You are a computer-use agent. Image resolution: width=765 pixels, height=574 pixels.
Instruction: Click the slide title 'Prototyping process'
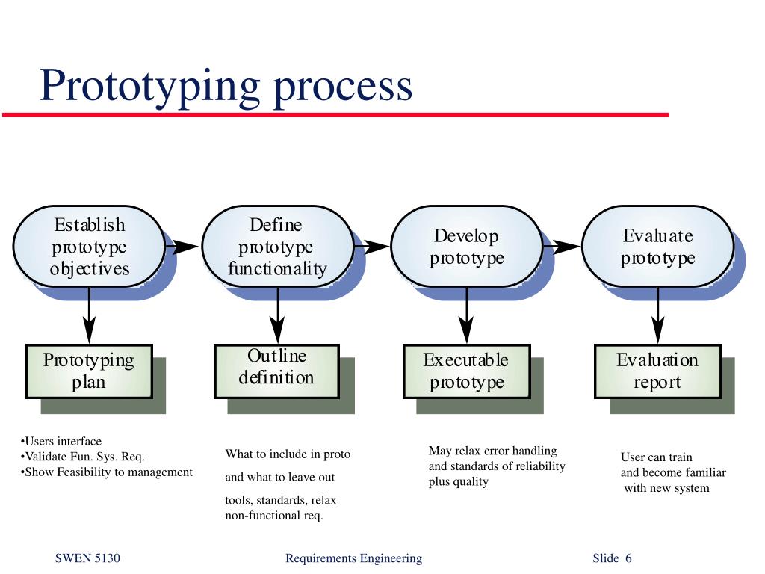coord(226,85)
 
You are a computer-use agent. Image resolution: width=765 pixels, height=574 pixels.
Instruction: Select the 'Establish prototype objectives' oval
coord(89,247)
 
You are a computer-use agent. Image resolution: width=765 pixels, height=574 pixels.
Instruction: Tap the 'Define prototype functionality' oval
coord(277,247)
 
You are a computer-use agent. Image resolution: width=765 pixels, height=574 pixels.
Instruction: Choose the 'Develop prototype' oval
coord(466,247)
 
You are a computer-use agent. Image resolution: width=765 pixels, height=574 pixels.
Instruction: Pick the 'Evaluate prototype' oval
coord(657,247)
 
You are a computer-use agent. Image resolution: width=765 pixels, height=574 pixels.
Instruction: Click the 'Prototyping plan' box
coord(89,371)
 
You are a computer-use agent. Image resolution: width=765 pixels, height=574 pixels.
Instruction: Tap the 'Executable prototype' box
coord(466,371)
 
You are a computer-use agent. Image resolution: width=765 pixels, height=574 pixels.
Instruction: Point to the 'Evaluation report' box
coord(657,371)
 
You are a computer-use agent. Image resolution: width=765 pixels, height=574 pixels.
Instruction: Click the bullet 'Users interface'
coord(61,441)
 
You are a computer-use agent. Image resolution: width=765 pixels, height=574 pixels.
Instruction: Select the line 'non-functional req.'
coord(274,516)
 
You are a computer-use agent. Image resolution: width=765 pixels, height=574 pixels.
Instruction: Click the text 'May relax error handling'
coord(492,451)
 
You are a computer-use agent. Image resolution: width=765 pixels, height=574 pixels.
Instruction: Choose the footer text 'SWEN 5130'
coord(87,558)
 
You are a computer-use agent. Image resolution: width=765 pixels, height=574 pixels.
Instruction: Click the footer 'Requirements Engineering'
coord(353,558)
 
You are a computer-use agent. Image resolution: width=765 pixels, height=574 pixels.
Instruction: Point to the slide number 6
coord(628,558)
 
